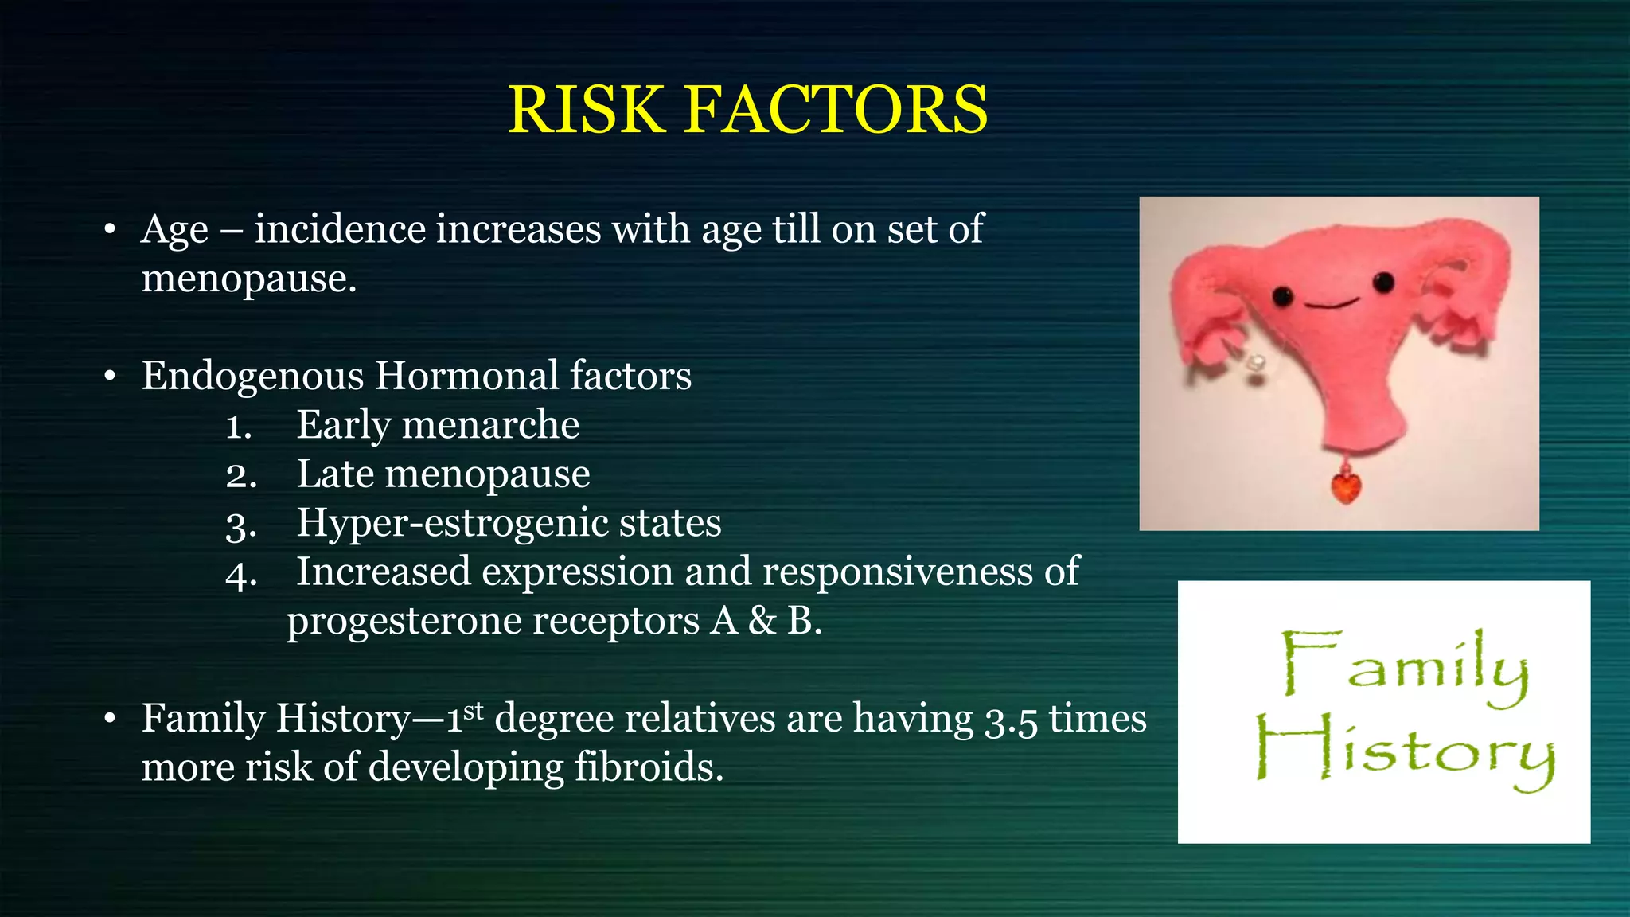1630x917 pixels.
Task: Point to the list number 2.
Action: coord(241,476)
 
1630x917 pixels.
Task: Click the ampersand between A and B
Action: coord(762,621)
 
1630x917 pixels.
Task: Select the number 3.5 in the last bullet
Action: coord(1012,720)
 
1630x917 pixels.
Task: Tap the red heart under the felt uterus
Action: coord(1346,487)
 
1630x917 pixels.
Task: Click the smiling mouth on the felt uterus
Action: coord(1331,304)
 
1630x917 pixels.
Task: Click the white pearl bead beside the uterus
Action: coord(1257,362)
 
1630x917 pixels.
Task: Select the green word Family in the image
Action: coord(1405,667)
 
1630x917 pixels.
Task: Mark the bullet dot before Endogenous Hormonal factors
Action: coord(110,376)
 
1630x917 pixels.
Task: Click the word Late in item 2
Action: coord(335,474)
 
